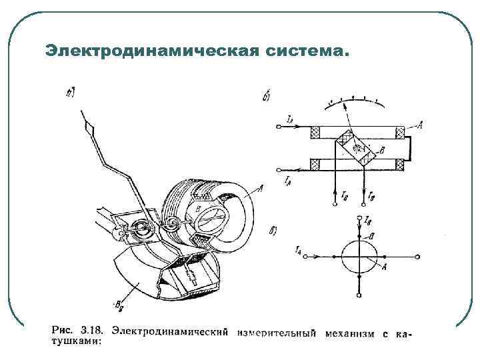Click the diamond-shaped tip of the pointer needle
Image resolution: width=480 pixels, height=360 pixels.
(x=86, y=121)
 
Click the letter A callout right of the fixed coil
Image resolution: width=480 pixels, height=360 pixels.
(x=419, y=123)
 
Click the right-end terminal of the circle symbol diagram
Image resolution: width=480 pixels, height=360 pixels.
(x=418, y=256)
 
